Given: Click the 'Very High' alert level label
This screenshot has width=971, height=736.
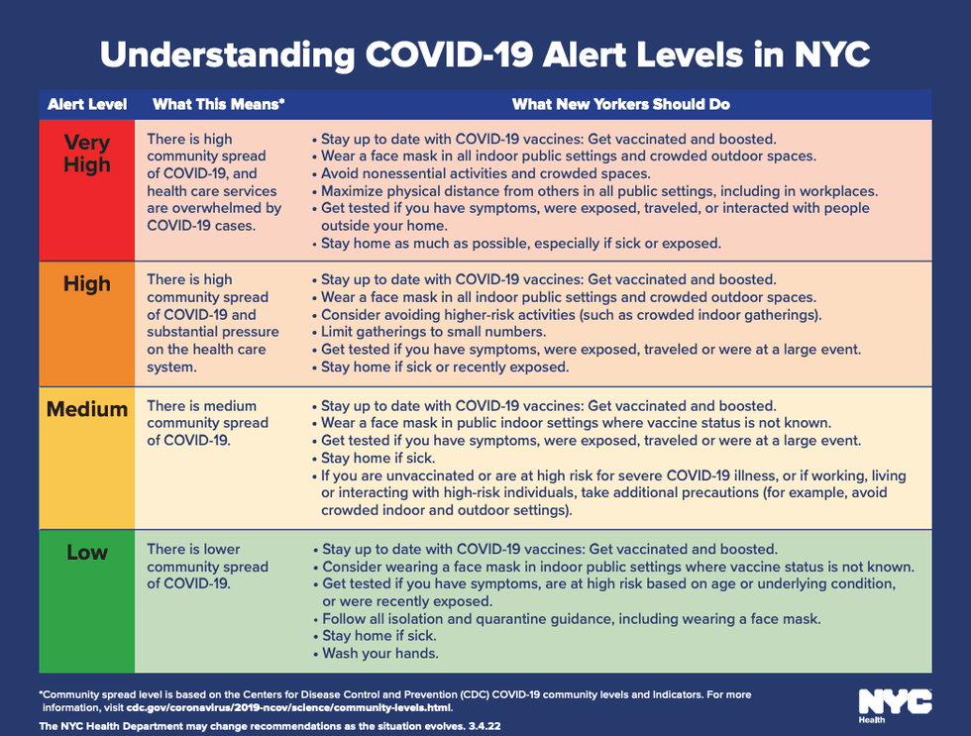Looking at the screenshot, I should [x=87, y=154].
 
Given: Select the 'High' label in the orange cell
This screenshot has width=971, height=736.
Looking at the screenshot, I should [x=87, y=284].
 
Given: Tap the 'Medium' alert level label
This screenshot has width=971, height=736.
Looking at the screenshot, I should [x=87, y=409].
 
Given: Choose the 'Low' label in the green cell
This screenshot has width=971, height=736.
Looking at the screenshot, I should [x=87, y=553].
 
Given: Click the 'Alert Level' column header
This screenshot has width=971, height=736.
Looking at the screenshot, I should [x=87, y=104].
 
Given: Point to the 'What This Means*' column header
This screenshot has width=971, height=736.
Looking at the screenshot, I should [x=218, y=104].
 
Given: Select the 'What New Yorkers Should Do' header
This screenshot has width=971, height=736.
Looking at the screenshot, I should [x=621, y=104].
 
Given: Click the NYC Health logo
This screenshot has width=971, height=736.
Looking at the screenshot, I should [x=894, y=704].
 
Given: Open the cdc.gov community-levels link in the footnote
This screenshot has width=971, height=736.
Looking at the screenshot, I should [x=288, y=707].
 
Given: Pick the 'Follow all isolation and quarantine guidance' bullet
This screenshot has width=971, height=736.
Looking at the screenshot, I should [x=571, y=619].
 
